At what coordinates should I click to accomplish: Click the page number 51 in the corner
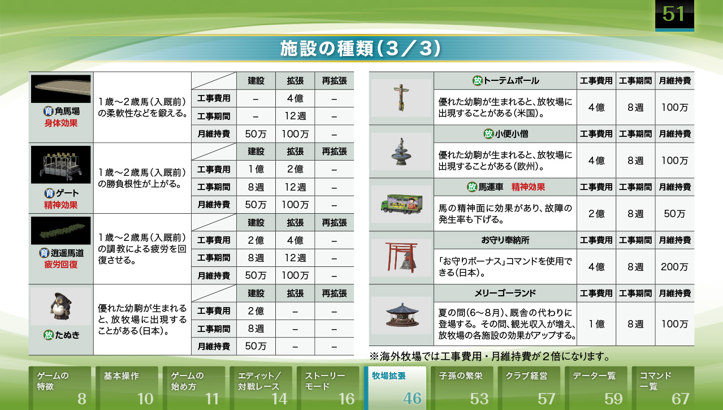674,15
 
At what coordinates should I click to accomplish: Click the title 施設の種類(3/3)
360,49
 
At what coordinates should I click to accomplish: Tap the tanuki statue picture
61,307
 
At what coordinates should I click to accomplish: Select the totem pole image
401,97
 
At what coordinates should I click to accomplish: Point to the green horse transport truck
402,204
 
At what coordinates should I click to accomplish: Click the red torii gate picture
402,257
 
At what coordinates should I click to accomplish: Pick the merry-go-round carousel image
402,315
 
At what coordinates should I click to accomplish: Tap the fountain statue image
401,152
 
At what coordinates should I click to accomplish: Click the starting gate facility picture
60,165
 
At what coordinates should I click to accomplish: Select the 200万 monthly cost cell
674,267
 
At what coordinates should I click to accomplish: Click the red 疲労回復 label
60,265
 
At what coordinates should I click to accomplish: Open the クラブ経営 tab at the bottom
529,388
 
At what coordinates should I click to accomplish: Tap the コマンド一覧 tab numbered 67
663,388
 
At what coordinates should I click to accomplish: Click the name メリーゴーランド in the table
505,293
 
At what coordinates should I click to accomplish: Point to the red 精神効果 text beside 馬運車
528,187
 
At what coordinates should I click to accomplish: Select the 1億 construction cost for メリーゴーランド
596,324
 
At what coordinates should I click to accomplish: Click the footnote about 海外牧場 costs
490,356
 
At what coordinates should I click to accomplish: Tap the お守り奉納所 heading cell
505,240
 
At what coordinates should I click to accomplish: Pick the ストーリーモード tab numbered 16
328,388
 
